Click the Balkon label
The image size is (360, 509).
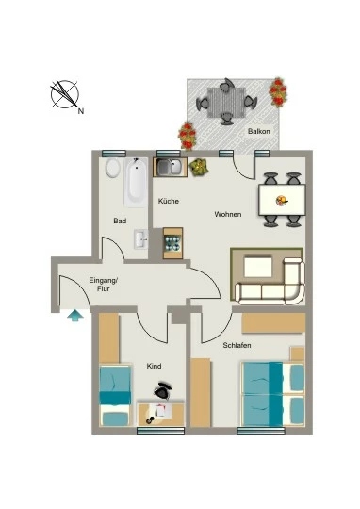[x=259, y=131]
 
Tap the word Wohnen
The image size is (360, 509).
[x=228, y=214]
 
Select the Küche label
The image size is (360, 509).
[x=169, y=201]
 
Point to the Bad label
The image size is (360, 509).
[x=120, y=221]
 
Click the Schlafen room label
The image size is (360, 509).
[x=237, y=345]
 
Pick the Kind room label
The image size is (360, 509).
[x=154, y=366]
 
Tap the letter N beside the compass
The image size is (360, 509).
[x=81, y=111]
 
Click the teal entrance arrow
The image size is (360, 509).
[x=75, y=316]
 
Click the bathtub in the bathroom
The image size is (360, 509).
[x=136, y=183]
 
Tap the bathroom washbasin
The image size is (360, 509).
[x=141, y=239]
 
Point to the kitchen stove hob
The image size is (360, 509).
[x=172, y=243]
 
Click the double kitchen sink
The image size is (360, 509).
[x=170, y=167]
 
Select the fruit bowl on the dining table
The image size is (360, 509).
[x=282, y=200]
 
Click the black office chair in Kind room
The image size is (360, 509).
[x=163, y=390]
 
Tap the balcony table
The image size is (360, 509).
[x=225, y=103]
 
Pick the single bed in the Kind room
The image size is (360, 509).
[x=115, y=395]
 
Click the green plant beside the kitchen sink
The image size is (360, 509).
[x=198, y=168]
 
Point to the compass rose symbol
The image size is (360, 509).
[x=65, y=94]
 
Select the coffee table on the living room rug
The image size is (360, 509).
[x=258, y=267]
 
